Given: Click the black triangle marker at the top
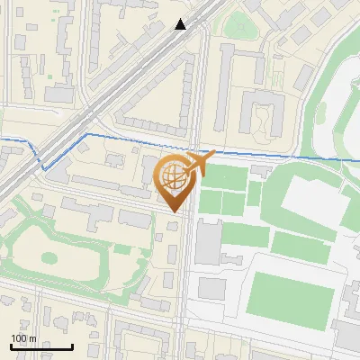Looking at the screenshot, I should [x=181, y=24].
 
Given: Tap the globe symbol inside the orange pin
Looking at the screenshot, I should [x=176, y=179].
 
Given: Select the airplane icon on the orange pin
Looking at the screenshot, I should [x=198, y=165].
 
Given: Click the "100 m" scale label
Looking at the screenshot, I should [x=23, y=338].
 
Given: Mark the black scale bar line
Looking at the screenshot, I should [x=41, y=346].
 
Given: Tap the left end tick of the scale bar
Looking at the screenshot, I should [x=11, y=345].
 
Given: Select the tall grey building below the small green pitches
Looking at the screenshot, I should [x=209, y=242].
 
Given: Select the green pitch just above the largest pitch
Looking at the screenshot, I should [x=297, y=243].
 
